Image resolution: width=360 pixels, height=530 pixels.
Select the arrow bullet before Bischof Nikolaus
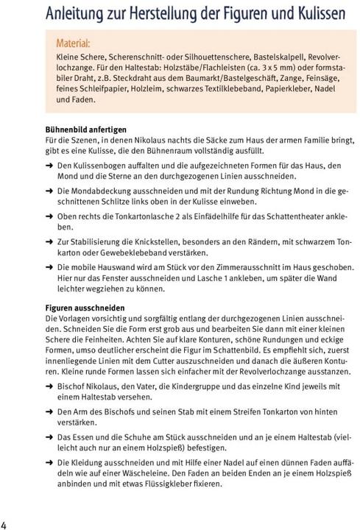(49, 389)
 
